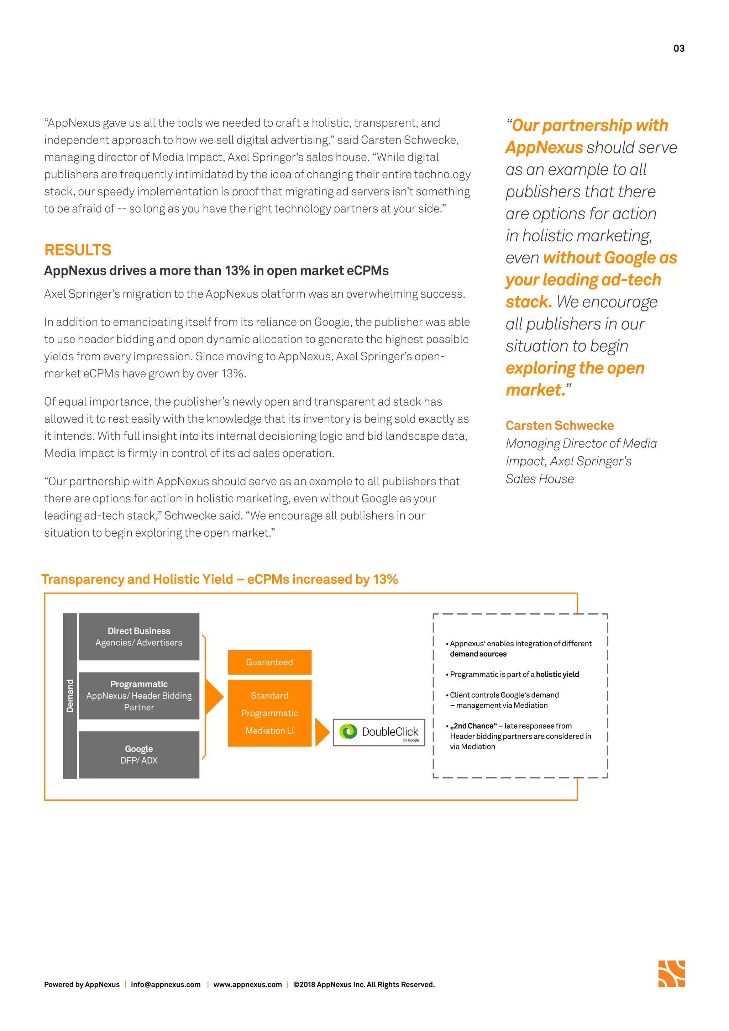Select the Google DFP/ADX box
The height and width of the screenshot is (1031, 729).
pyautogui.click(x=139, y=754)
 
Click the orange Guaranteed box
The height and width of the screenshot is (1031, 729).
pyautogui.click(x=269, y=662)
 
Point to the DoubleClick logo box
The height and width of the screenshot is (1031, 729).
pyautogui.click(x=378, y=732)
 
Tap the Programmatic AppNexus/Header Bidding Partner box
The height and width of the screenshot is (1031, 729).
pyautogui.click(x=139, y=695)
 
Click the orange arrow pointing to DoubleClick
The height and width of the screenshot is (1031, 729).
pyautogui.click(x=322, y=732)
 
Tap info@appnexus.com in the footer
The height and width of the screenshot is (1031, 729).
pyautogui.click(x=166, y=984)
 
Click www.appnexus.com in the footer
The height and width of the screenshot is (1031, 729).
pyautogui.click(x=247, y=984)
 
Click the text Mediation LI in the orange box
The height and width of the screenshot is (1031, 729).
pyautogui.click(x=269, y=731)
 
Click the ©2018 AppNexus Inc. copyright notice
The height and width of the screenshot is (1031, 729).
pyautogui.click(x=363, y=984)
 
